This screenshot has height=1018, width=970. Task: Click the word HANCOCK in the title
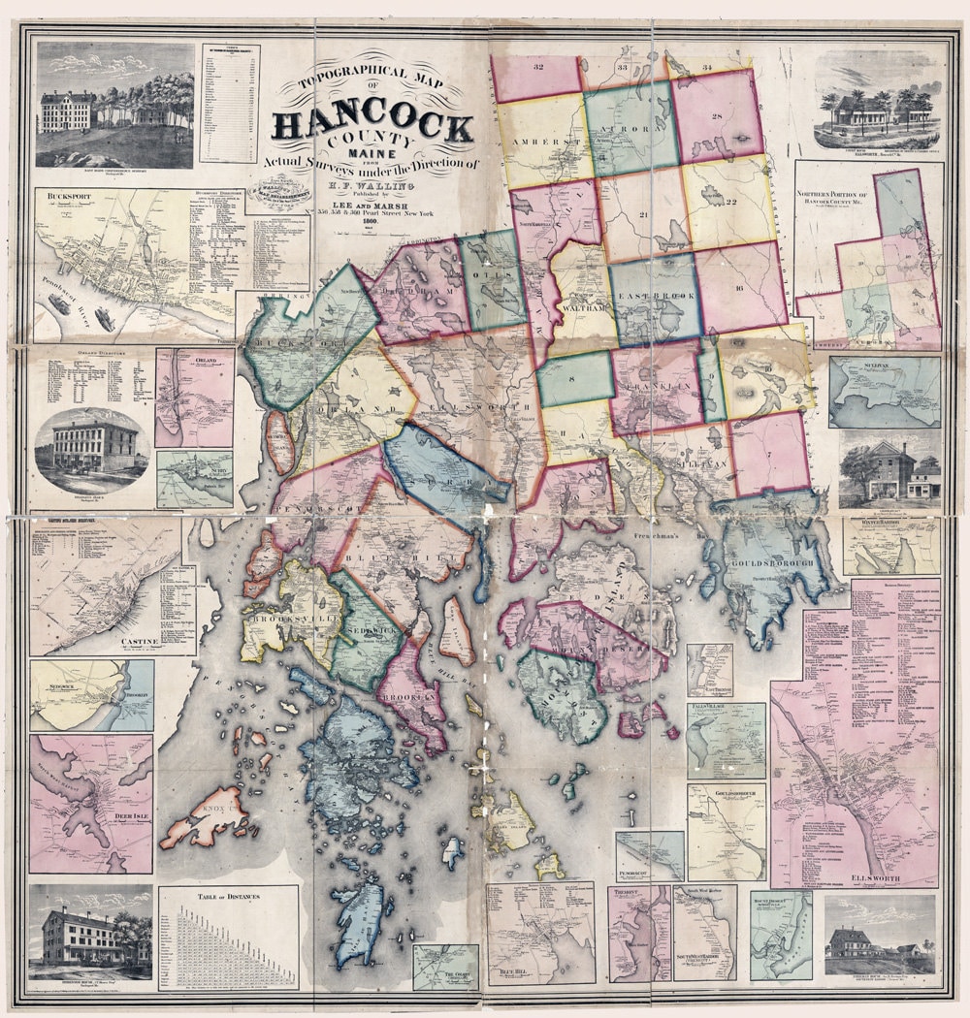[x=373, y=125]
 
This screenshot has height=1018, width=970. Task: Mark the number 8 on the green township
[x=573, y=379]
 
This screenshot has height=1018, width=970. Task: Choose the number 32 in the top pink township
[x=536, y=67]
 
